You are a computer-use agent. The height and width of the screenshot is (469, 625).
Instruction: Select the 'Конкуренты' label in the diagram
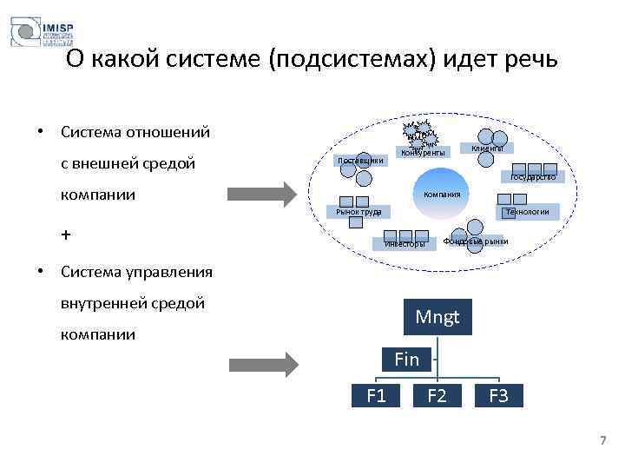[x=423, y=153]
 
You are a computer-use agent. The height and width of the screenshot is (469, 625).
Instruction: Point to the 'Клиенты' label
[x=487, y=149]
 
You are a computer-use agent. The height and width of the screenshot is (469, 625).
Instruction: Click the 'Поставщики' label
[x=359, y=161]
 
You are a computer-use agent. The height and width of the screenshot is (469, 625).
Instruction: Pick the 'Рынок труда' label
[x=359, y=212]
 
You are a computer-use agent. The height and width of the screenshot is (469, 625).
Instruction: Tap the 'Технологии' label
[x=527, y=211]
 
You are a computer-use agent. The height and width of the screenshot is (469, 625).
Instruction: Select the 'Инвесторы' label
[x=405, y=244]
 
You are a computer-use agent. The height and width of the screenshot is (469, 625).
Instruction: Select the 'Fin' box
[x=406, y=359]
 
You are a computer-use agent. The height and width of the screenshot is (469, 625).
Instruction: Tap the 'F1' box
[x=376, y=397]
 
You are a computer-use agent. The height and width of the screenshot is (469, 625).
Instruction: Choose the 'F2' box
[x=437, y=397]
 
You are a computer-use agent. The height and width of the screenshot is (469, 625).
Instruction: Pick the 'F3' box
[x=498, y=397]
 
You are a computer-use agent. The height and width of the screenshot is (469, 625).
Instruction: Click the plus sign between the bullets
[x=66, y=235]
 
